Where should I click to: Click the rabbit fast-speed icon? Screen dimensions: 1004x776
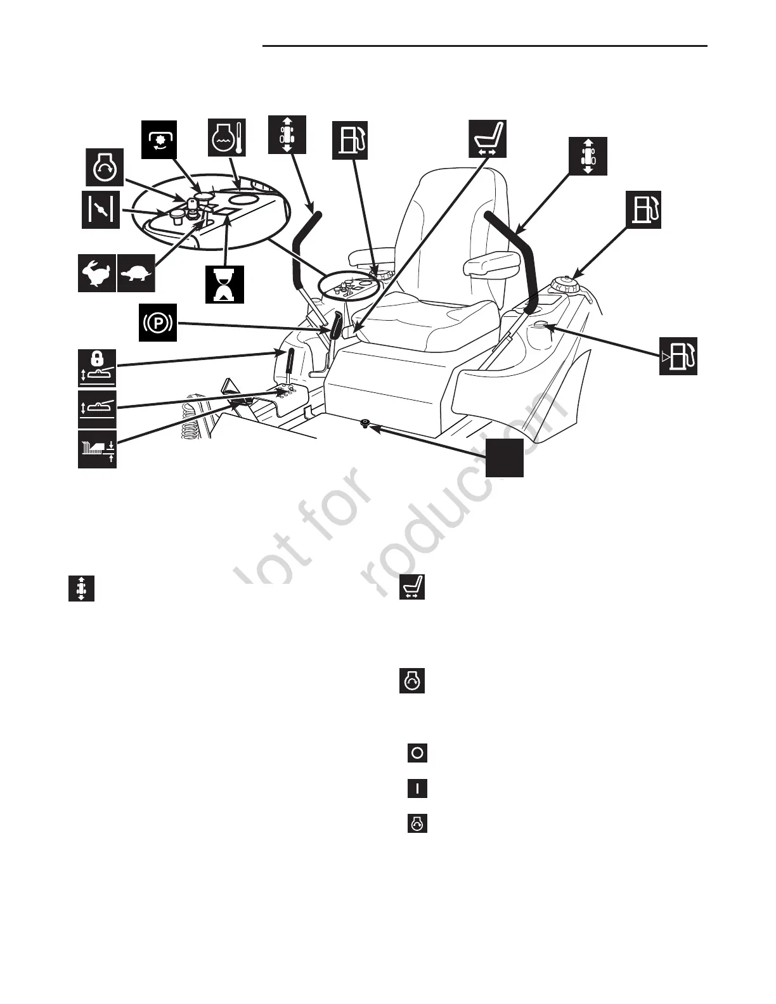(x=97, y=273)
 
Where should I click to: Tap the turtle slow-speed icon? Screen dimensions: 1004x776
(x=136, y=273)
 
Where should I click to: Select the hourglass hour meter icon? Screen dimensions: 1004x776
(x=224, y=283)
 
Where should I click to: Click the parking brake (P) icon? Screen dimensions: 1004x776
(x=158, y=323)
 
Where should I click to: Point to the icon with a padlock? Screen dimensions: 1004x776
(x=97, y=367)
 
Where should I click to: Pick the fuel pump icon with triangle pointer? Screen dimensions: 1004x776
(x=678, y=356)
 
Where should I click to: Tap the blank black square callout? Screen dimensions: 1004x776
(x=505, y=458)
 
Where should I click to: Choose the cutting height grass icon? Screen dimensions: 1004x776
(x=97, y=449)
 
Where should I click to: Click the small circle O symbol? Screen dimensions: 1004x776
(x=417, y=753)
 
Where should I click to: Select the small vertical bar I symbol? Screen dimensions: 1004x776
(x=417, y=788)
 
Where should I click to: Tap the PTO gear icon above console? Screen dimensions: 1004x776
(x=159, y=138)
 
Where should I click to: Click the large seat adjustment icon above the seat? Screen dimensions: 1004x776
(x=488, y=138)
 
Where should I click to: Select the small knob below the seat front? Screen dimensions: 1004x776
(x=365, y=423)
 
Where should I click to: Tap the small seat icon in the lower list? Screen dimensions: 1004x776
(x=412, y=588)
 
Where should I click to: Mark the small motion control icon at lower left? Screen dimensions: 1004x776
(x=81, y=588)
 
